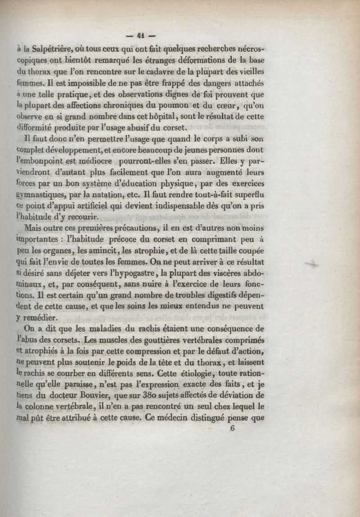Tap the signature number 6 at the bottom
pos(233,428)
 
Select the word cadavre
pos(158,72)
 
